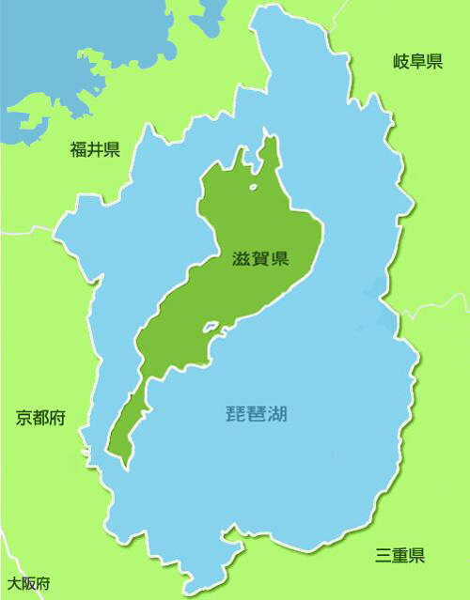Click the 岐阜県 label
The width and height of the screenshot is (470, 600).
[417, 63]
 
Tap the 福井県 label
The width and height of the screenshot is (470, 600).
[95, 148]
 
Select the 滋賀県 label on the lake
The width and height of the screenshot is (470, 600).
[259, 260]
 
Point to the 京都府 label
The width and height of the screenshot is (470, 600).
[40, 419]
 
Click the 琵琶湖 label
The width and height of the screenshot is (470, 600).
[258, 413]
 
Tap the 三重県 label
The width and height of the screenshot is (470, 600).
[399, 555]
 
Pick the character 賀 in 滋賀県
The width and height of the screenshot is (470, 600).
[259, 260]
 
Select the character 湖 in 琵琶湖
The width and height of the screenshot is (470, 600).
[279, 413]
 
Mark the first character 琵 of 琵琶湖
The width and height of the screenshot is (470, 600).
[238, 413]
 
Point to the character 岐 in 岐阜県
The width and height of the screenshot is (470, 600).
[400, 63]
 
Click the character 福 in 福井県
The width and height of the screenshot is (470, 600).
[78, 148]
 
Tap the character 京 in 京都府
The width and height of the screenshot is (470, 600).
[23, 419]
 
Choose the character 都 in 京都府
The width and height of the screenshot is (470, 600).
[40, 419]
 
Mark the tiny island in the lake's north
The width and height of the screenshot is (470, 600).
[253, 189]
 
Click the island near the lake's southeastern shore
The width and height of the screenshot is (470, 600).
[211, 329]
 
